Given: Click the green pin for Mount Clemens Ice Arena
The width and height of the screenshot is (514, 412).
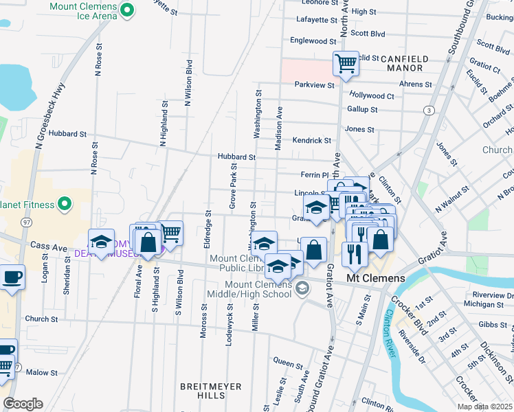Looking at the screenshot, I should point(126,10).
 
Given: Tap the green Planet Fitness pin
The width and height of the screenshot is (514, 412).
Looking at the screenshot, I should point(64,204).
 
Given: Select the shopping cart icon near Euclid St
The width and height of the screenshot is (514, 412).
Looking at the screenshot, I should point(346,64).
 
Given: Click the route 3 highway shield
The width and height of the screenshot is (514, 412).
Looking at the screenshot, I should point(429,110).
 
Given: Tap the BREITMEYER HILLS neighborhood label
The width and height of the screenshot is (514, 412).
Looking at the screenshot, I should point(210,387).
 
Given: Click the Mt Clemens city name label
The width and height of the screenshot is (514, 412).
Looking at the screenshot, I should point(375,279).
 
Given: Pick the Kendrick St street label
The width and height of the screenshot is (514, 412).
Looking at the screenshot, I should point(311,140).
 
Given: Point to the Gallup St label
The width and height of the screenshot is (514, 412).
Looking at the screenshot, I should point(362,109).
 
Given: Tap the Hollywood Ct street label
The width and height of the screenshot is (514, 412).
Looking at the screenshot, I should point(371,96).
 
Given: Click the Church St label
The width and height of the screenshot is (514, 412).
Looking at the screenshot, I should point(41,319).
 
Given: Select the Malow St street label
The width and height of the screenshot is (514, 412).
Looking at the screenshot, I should point(42,372).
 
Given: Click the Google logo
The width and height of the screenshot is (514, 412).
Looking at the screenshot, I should point(23,404).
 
